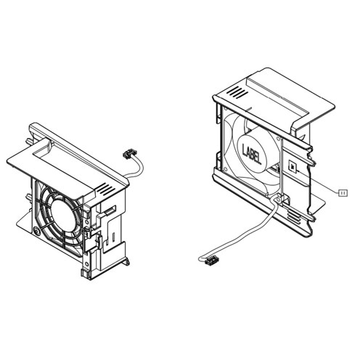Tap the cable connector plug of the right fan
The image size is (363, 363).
pyautogui.click(x=210, y=258)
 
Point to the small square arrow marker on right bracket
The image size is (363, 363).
pyautogui.click(x=293, y=166)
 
